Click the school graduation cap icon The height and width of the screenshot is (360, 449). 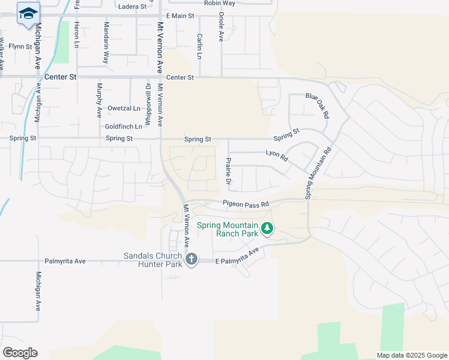28,14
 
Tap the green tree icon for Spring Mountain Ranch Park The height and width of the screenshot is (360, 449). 268,228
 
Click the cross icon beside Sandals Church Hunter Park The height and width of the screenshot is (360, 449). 191,259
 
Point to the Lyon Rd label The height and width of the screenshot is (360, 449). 277,155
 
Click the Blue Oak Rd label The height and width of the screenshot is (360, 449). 318,105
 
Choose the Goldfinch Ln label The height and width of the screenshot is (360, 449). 124,127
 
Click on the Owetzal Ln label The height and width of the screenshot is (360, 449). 124,109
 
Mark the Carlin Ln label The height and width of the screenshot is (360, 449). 199,46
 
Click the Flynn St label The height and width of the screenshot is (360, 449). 20,46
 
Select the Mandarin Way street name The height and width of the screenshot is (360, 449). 106,43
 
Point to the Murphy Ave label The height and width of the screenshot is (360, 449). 99,100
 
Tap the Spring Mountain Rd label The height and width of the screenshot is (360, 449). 318,174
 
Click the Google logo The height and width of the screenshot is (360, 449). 20,353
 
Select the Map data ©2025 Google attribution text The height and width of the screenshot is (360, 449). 412,355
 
